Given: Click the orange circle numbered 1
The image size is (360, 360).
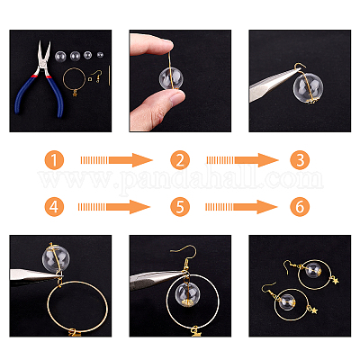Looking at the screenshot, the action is pyautogui.click(x=54, y=160).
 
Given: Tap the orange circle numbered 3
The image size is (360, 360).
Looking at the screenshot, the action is pyautogui.click(x=300, y=160).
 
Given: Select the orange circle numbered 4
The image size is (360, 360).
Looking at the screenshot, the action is pyautogui.click(x=54, y=207).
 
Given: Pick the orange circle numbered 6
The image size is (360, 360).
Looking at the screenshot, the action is pyautogui.click(x=300, y=207).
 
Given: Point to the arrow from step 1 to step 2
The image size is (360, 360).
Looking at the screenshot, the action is pyautogui.click(x=116, y=160).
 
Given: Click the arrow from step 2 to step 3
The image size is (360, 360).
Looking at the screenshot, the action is pyautogui.click(x=242, y=160).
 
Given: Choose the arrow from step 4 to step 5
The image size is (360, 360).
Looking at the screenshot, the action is pyautogui.click(x=114, y=207).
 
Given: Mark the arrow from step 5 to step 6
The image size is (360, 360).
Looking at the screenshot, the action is pyautogui.click(x=241, y=207).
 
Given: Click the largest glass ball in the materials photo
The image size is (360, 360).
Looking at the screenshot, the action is pyautogui.click(x=61, y=55).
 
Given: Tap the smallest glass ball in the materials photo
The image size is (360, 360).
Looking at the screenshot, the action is pyautogui.click(x=100, y=55).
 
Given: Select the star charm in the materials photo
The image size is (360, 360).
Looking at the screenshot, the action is pyautogui.click(x=75, y=94).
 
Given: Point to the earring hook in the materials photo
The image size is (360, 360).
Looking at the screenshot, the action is pyautogui.click(x=96, y=76).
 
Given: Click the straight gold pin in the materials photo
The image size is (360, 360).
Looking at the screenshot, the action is pyautogui.click(x=110, y=76).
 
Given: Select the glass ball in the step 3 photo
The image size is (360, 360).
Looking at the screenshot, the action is pyautogui.click(x=308, y=87).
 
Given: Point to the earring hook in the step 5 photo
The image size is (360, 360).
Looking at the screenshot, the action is pyautogui.click(x=184, y=256).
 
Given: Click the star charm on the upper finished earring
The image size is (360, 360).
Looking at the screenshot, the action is pyautogui.click(x=335, y=281).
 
